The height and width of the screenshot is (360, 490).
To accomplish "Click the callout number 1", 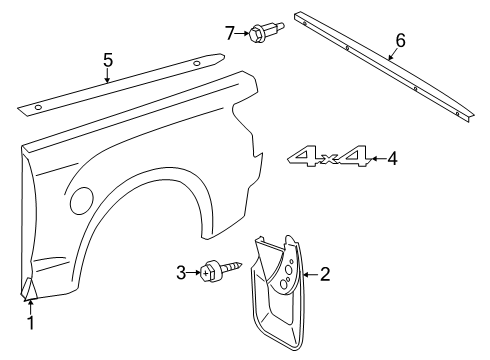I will [x=30, y=323].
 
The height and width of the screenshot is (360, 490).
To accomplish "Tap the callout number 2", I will [x=325, y=274].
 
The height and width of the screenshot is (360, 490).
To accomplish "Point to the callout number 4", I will [x=393, y=158].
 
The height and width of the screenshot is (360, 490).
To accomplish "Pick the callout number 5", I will [x=107, y=59].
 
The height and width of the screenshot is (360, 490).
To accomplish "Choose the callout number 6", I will [x=400, y=41].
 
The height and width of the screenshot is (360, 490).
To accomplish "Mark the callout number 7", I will [x=230, y=34].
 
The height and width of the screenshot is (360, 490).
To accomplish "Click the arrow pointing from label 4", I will [x=375, y=158].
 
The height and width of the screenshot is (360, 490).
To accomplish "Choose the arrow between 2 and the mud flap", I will [x=309, y=274].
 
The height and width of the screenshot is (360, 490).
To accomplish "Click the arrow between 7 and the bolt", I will [x=244, y=34].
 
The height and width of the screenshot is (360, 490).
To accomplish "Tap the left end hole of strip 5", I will [x=37, y=106].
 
